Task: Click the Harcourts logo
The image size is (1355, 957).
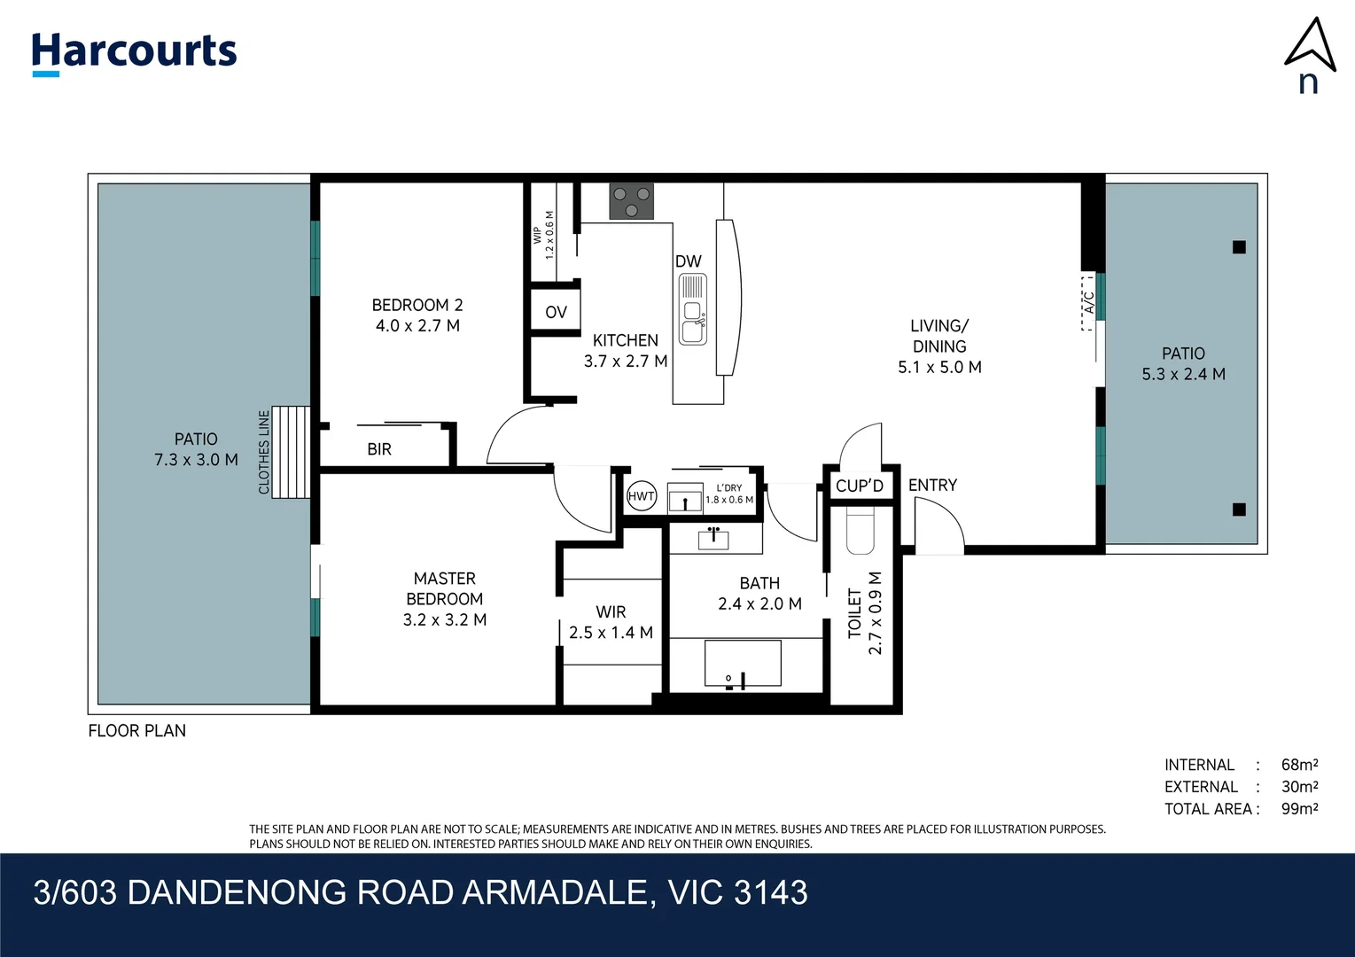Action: click(x=134, y=54)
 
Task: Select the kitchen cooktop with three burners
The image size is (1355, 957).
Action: click(x=632, y=201)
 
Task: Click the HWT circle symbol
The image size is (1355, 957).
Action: click(x=642, y=496)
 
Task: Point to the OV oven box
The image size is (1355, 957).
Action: click(x=556, y=312)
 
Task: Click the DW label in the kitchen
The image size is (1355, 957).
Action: click(x=689, y=261)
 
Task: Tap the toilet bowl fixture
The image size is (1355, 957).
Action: click(x=861, y=531)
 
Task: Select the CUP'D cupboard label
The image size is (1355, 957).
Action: click(x=860, y=486)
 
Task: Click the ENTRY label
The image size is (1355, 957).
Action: click(x=933, y=486)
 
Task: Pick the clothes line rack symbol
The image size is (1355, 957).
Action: click(x=291, y=453)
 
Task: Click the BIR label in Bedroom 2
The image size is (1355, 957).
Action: click(x=379, y=449)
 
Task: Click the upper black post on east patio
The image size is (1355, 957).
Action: click(x=1240, y=247)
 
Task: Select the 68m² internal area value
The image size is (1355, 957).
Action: click(x=1299, y=765)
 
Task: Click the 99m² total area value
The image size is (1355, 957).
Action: click(x=1299, y=809)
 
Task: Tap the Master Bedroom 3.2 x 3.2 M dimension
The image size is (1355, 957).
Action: click(x=445, y=620)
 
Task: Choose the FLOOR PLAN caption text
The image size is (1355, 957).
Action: click(x=137, y=731)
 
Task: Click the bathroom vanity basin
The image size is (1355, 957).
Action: click(x=713, y=539)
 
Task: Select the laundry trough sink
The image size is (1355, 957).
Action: click(x=685, y=498)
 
